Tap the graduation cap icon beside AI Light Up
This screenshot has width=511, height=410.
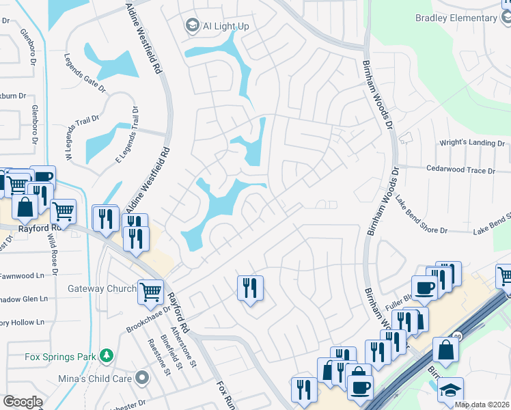point(193,26)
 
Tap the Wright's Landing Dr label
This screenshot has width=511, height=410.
point(472,143)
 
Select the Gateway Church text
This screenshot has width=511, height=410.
point(102,289)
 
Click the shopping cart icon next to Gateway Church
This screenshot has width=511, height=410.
point(150,291)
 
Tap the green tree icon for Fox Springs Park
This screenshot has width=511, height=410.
point(106,355)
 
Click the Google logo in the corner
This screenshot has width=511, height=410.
point(23,402)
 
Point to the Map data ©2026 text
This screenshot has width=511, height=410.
point(482,405)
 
